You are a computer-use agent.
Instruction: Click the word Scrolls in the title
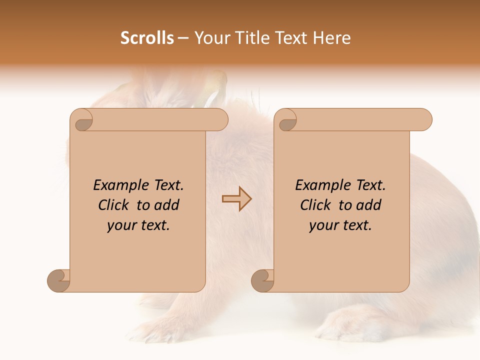click(147, 38)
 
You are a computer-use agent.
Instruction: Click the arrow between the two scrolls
click(236, 198)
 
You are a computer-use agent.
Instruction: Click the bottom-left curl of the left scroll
click(58, 280)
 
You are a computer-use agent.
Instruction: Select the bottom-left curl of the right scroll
click(262, 280)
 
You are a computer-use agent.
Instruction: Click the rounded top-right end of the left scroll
click(220, 119)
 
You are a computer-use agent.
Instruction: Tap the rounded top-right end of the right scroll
click(424, 119)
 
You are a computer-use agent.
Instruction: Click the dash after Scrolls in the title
click(183, 38)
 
